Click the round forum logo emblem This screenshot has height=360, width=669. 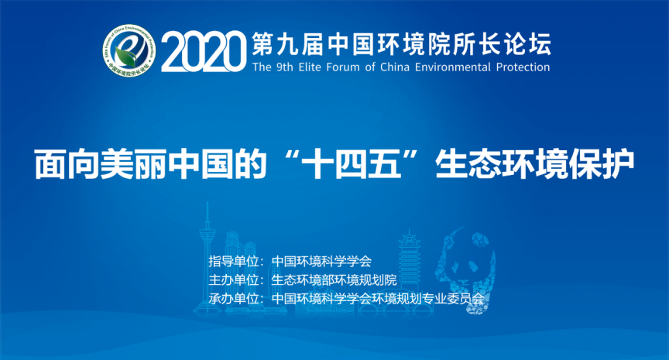pos(129,50)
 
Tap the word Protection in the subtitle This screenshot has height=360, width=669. pos(523,67)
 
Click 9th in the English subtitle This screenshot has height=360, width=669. pos(285,67)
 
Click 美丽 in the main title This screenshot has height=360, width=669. pos(132,164)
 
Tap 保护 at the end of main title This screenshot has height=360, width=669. pos(602,164)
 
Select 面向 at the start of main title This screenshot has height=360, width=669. pos(67,164)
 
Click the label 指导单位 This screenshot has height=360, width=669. pos(234,261)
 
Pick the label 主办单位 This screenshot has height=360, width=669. pos(234,279)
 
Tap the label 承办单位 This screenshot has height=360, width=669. pos(234,299)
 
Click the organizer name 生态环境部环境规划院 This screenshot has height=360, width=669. pos(334,279)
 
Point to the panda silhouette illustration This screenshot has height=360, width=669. pos(466,269)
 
